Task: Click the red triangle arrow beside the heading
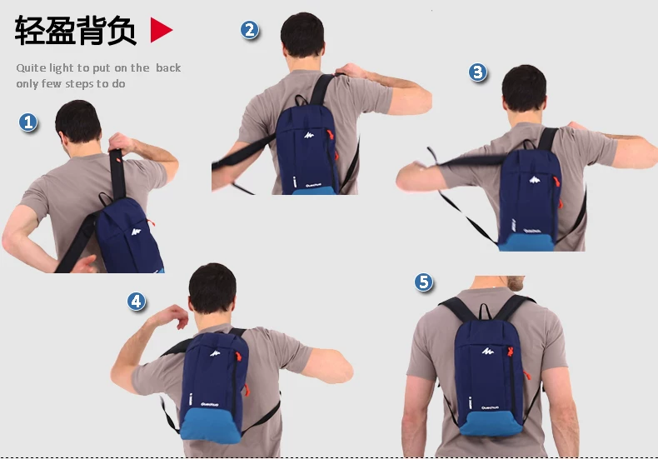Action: coord(161,31)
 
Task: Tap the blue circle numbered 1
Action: coord(29,123)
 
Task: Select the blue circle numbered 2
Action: coord(250,31)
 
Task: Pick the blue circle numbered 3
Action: coord(478,72)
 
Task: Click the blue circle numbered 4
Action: coord(137,302)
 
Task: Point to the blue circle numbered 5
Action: coord(425,282)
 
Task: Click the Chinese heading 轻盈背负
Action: coord(75,31)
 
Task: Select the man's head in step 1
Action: coord(78,123)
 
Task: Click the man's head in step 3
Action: coord(526,88)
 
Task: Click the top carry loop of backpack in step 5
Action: coord(483,312)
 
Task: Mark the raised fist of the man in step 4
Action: coord(177,317)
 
